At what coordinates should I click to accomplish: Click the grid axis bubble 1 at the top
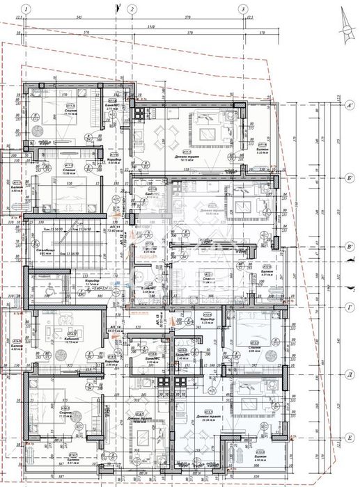(25, 9)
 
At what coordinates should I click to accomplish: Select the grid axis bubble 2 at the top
(131, 9)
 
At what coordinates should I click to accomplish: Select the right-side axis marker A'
(351, 106)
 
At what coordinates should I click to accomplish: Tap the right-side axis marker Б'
(351, 178)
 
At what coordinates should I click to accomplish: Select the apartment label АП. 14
(112, 326)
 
